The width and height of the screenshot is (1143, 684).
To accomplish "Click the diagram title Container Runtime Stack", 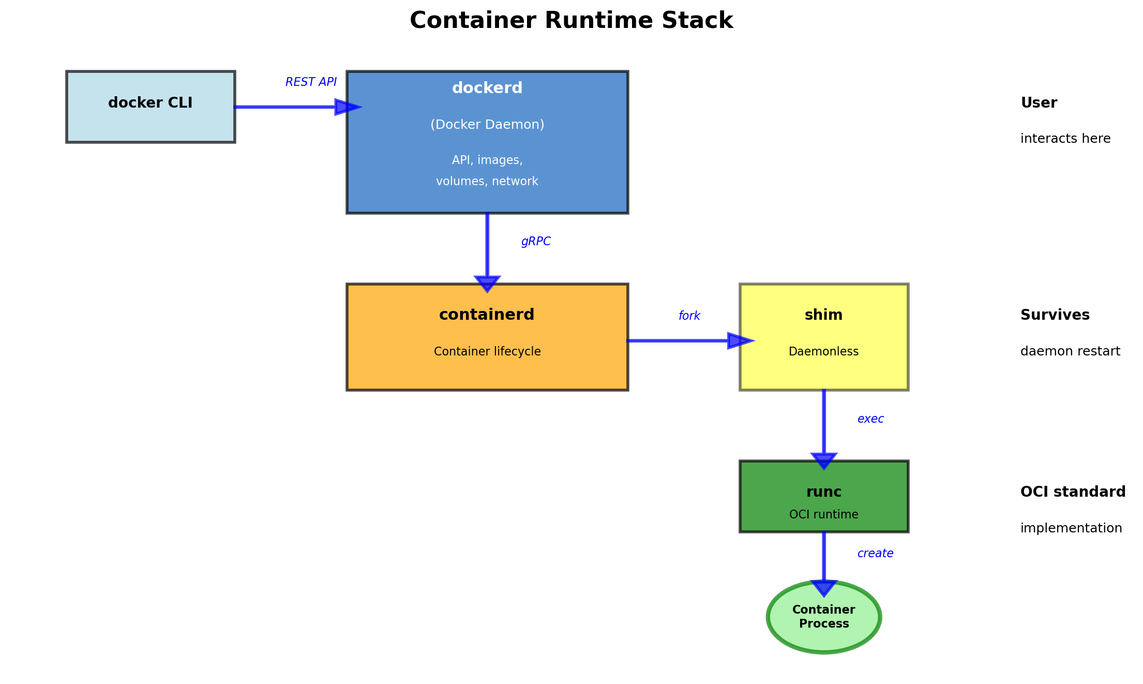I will [x=571, y=21].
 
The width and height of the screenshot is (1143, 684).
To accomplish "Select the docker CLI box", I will [x=151, y=107].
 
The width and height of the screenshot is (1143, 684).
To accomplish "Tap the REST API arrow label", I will [x=311, y=82].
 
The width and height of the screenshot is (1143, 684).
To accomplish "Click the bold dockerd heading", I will [x=487, y=88].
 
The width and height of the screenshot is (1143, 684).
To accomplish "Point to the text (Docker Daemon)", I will [x=487, y=125].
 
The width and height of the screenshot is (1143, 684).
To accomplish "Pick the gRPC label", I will [x=536, y=242].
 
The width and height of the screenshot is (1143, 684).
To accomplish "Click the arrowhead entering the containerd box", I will [x=487, y=284].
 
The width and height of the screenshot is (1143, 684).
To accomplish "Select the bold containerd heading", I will [x=487, y=315].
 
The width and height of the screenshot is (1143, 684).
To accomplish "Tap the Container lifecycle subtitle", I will [x=487, y=352].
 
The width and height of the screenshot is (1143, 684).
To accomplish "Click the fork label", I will [x=689, y=316].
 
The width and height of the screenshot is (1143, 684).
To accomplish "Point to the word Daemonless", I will [x=823, y=352].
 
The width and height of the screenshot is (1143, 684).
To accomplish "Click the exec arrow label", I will [x=870, y=419].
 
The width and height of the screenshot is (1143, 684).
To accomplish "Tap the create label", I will [x=875, y=554].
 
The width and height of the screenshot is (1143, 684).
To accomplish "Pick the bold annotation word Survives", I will [x=1055, y=315].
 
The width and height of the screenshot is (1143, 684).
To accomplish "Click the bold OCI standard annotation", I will [x=1073, y=492].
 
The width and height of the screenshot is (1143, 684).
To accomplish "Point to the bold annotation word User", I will [x=1039, y=103].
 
